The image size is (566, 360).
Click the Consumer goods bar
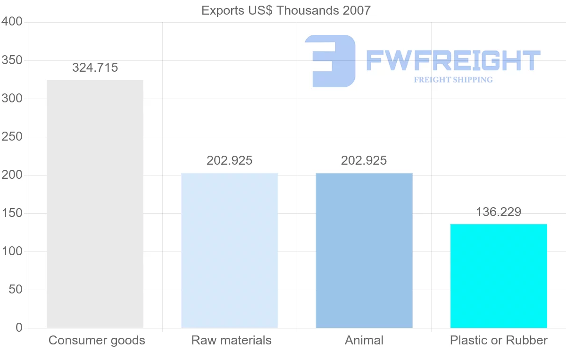(95, 204)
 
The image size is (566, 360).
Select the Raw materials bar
(230, 251)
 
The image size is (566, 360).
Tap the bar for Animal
(364, 251)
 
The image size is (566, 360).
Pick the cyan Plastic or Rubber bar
(499, 276)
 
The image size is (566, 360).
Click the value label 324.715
(95, 68)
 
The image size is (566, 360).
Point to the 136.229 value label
(499, 212)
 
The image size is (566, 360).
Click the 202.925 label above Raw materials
(230, 161)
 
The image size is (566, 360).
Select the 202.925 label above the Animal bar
(364, 161)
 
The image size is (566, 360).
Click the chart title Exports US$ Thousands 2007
(286, 10)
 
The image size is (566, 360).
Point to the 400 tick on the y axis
(12, 22)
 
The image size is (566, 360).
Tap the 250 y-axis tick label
(12, 137)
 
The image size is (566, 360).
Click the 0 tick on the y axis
(19, 328)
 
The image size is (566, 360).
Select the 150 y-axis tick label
(12, 213)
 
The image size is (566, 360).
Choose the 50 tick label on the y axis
(16, 290)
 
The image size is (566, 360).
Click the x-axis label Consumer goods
(97, 341)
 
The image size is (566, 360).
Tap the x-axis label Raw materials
(231, 341)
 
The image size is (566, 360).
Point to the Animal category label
(364, 341)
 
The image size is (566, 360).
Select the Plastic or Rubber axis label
(499, 341)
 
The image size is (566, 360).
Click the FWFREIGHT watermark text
(453, 60)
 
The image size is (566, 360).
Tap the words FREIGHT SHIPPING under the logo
(453, 80)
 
